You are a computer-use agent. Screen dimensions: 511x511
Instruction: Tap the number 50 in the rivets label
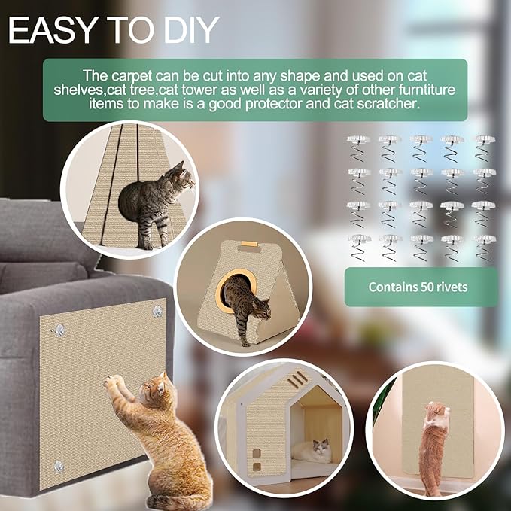point(427,287)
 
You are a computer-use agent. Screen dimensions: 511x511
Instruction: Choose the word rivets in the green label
point(453,287)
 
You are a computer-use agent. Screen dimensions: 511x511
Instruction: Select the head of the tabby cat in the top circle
point(184,179)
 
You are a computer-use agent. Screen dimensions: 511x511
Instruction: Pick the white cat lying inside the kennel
point(310,449)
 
